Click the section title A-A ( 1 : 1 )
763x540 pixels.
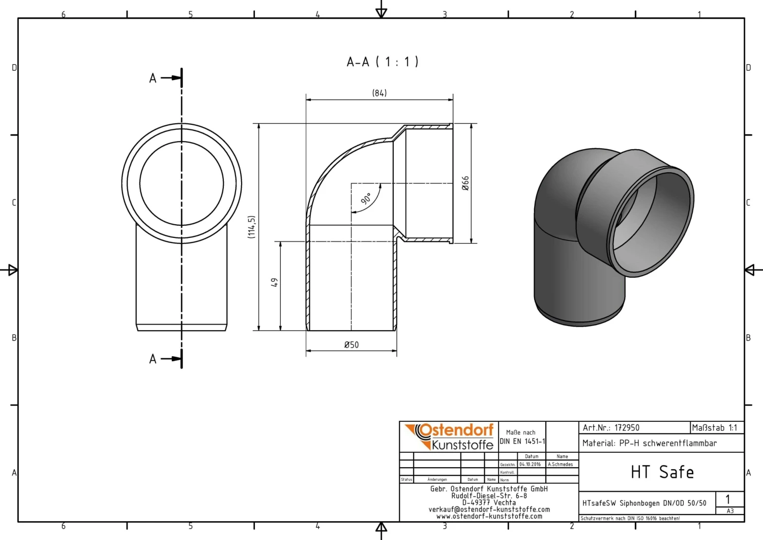382,62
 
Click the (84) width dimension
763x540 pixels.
379,93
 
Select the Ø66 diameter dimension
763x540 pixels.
465,183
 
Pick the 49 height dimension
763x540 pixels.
274,282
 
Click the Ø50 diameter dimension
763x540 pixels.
351,345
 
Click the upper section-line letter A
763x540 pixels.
153,78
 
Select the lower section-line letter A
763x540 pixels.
153,359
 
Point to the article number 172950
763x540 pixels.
627,428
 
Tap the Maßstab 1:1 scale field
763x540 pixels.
715,428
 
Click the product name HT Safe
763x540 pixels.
662,472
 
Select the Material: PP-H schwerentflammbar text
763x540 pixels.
650,443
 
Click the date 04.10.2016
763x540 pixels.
530,465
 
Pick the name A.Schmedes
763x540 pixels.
560,465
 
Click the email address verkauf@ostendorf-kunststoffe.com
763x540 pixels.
489,509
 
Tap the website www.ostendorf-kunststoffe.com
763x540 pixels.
489,516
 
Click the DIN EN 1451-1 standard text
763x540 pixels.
522,441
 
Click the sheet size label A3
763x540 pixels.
730,511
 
